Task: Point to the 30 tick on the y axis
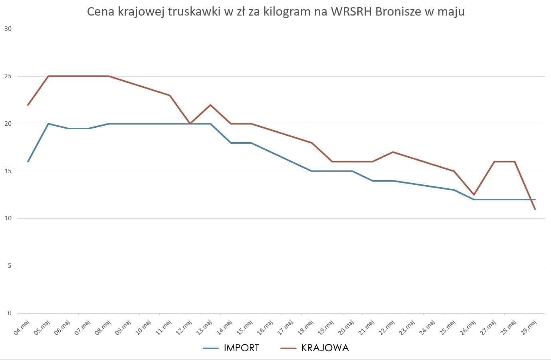point(8,29)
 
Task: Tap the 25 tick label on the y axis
point(8,76)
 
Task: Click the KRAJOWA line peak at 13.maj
point(210,105)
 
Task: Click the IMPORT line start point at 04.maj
point(28,162)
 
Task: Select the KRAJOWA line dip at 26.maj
point(474,195)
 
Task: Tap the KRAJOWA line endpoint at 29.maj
point(535,209)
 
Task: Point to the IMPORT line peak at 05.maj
point(48,124)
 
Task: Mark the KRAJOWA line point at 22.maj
point(393,152)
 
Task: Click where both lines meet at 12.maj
point(190,124)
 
